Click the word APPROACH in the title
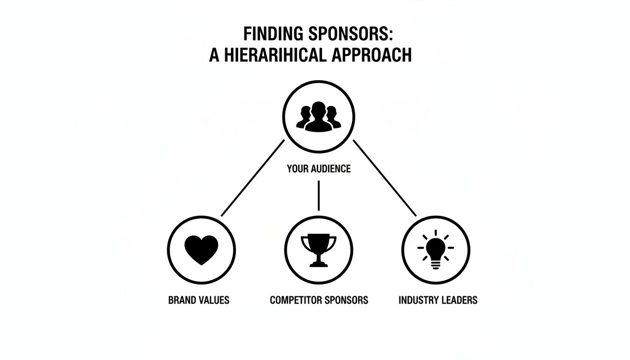click(x=371, y=55)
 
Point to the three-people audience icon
click(x=318, y=116)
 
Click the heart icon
click(x=202, y=249)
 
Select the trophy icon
click(x=318, y=250)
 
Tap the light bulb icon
click(x=436, y=250)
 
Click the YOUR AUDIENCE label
click(x=318, y=169)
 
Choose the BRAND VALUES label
click(x=199, y=300)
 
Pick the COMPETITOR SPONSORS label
click(x=319, y=300)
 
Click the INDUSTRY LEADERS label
click(x=438, y=300)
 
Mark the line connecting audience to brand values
click(x=253, y=178)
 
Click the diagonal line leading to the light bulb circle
click(x=384, y=178)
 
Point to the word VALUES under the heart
click(x=214, y=300)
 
